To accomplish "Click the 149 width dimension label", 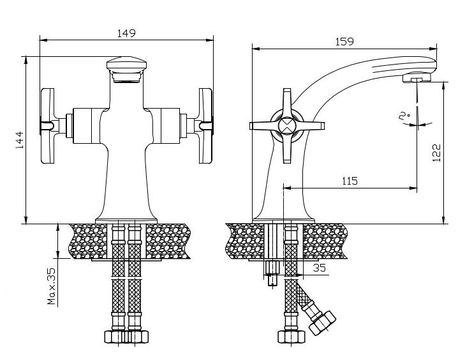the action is [126, 33].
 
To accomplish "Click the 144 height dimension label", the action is [20, 140].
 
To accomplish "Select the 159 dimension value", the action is [344, 42].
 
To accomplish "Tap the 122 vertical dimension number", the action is [436, 153].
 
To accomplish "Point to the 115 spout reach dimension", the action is [350, 181].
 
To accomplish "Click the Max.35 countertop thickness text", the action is [51, 286].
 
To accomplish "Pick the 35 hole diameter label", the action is [319, 268].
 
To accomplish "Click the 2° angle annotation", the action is [404, 116].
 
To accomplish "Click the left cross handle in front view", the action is [47, 126].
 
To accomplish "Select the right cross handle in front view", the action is [205, 126].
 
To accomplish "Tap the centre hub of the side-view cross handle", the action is [287, 126].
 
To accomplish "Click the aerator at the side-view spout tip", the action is [417, 78].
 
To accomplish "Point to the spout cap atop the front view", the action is [127, 70].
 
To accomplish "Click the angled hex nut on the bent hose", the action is [322, 323].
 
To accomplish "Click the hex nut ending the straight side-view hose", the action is [292, 337].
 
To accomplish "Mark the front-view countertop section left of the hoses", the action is [88, 242].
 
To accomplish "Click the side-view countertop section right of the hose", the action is [325, 242].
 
